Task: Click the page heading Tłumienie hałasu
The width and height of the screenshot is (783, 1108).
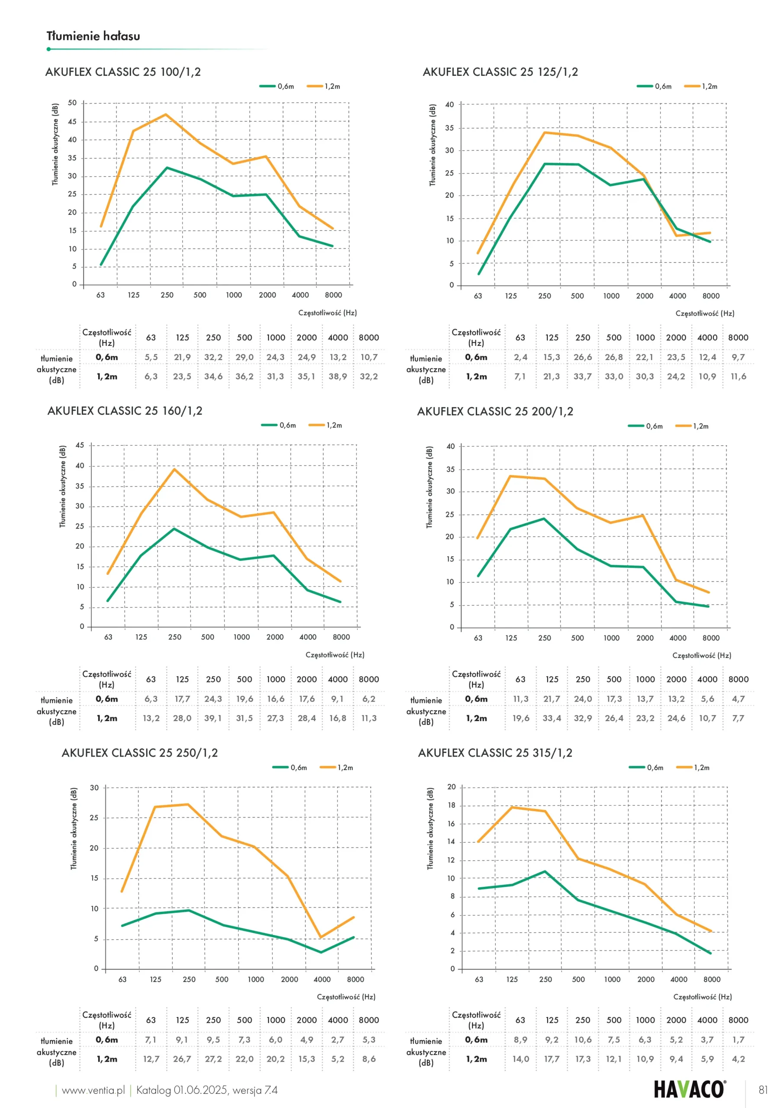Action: tap(93, 36)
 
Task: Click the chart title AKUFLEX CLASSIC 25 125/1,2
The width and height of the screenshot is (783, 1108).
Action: tap(500, 72)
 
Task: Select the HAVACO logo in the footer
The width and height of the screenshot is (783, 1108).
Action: tap(690, 1089)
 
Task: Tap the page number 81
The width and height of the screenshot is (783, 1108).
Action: tap(763, 1090)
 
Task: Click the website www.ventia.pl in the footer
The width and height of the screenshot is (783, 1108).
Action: tap(93, 1090)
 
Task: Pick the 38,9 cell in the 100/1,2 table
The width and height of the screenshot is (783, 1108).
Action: tap(338, 377)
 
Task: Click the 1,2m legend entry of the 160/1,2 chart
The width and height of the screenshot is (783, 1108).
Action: tap(326, 425)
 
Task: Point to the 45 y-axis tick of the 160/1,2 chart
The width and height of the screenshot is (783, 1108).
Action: tap(80, 445)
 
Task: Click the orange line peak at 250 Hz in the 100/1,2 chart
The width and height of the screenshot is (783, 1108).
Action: tap(166, 114)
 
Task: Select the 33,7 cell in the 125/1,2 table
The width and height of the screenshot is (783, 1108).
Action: tap(582, 377)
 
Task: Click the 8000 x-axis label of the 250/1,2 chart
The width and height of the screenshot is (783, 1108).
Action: tap(356, 979)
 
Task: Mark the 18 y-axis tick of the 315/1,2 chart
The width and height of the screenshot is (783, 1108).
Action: tap(451, 805)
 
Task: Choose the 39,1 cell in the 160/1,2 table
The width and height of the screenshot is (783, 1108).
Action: tap(213, 718)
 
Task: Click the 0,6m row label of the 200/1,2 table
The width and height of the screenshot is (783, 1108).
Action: tap(476, 699)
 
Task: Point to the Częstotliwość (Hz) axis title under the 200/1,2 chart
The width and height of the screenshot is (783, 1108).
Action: tap(702, 655)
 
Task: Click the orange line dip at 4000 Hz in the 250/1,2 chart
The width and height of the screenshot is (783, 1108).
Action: tap(321, 937)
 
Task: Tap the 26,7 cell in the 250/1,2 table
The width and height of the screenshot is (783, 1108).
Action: tap(182, 1059)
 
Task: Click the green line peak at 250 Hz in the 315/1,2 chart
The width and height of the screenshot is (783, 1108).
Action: tap(545, 871)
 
